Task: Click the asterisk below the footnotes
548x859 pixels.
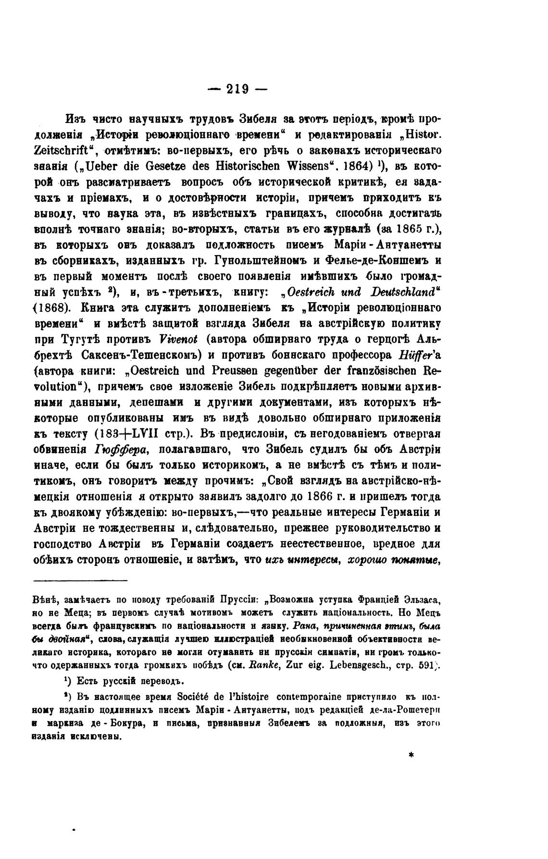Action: [x=411, y=755]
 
